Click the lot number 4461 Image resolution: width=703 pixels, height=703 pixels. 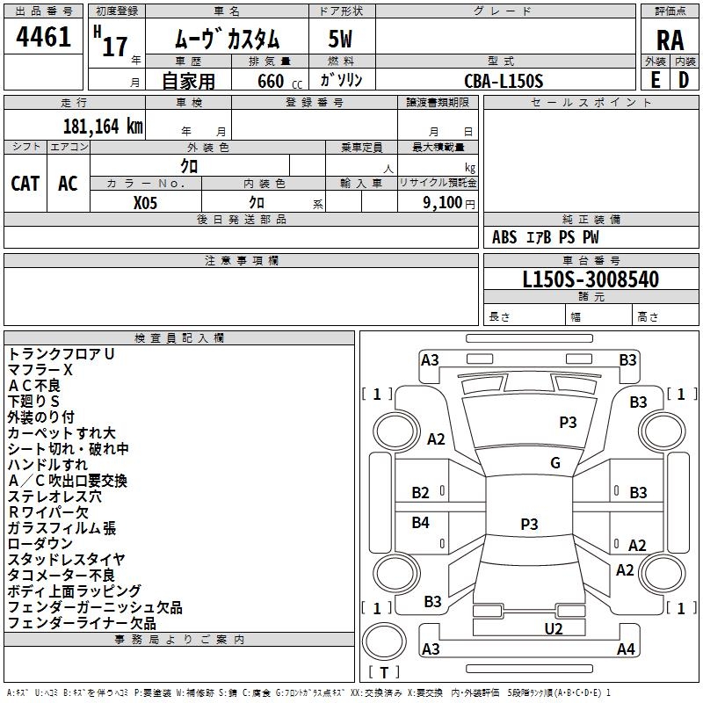click(x=44, y=38)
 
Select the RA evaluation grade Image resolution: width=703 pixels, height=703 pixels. click(x=670, y=40)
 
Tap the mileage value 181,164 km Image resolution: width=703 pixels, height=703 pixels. click(x=102, y=126)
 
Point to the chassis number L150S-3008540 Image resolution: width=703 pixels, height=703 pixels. click(x=591, y=279)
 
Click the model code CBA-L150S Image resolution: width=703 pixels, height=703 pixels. click(x=504, y=81)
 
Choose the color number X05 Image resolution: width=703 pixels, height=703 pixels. click(x=145, y=201)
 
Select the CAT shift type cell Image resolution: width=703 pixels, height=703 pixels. click(x=25, y=183)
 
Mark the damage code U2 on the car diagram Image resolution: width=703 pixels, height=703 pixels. click(x=554, y=628)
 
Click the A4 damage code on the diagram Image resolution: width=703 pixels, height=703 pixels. click(x=626, y=649)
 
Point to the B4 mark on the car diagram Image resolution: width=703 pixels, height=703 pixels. click(x=421, y=523)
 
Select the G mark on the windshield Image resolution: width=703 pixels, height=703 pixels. click(x=555, y=463)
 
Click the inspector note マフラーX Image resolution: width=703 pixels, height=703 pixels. click(x=40, y=370)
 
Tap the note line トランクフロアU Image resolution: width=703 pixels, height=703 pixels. click(x=62, y=354)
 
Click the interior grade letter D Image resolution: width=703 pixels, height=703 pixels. click(x=684, y=79)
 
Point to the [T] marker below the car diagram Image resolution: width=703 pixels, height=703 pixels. click(x=384, y=672)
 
